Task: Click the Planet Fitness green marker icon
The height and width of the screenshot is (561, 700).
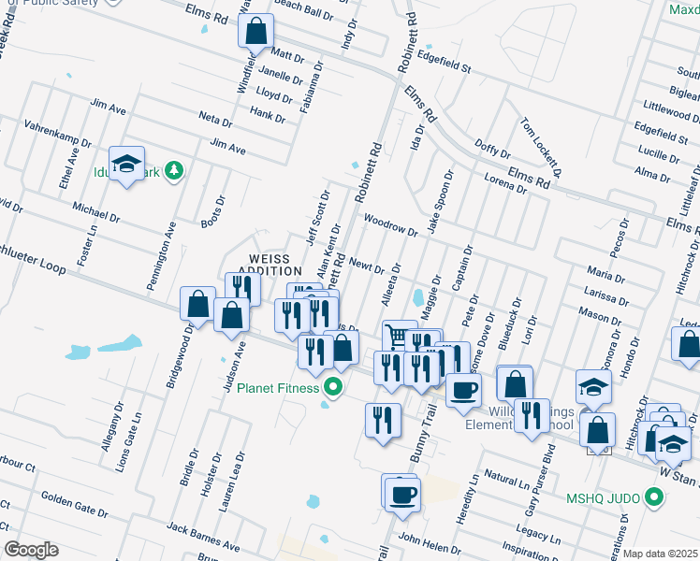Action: pos(332,387)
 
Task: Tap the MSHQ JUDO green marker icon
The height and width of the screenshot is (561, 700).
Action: pos(656,498)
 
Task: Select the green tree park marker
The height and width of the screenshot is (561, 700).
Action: pos(172,170)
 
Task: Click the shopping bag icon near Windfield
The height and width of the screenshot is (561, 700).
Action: pos(255,33)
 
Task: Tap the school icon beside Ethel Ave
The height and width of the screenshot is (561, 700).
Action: pos(126,165)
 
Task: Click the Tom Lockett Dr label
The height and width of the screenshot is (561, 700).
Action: pos(542,147)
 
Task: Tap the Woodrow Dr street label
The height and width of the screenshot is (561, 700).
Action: pos(390,226)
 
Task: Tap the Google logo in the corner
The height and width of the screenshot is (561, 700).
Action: pos(31,550)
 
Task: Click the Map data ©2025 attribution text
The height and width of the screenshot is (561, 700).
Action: pos(661,554)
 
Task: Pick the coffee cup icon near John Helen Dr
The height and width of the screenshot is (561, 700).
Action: pos(402,494)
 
